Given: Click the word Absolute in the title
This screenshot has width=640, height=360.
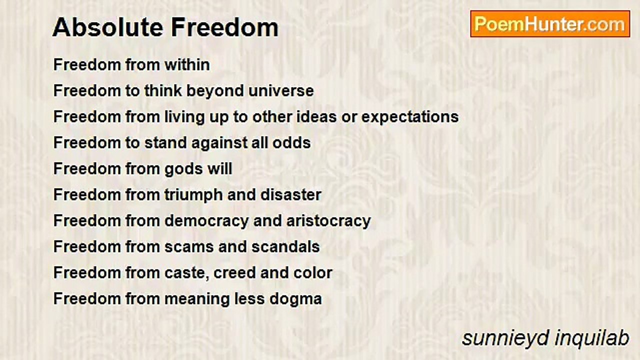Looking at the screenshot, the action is [107, 27].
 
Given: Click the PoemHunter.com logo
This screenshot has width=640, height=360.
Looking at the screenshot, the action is [550, 24].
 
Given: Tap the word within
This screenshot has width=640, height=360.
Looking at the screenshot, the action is [187, 64].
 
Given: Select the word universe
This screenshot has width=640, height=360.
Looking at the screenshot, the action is [281, 90].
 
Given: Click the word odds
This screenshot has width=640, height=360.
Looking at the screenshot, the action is [291, 142].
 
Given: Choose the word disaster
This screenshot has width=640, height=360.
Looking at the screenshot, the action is [291, 194].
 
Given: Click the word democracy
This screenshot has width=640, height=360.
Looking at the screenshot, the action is [206, 221].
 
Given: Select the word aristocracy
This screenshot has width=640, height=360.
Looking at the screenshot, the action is [328, 221].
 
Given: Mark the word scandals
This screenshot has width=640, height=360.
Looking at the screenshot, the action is [285, 246].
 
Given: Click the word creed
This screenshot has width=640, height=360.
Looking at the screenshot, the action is [234, 273].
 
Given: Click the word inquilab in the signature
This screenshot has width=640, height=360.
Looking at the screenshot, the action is [591, 338].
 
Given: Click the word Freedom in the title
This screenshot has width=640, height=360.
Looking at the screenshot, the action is [224, 27].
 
